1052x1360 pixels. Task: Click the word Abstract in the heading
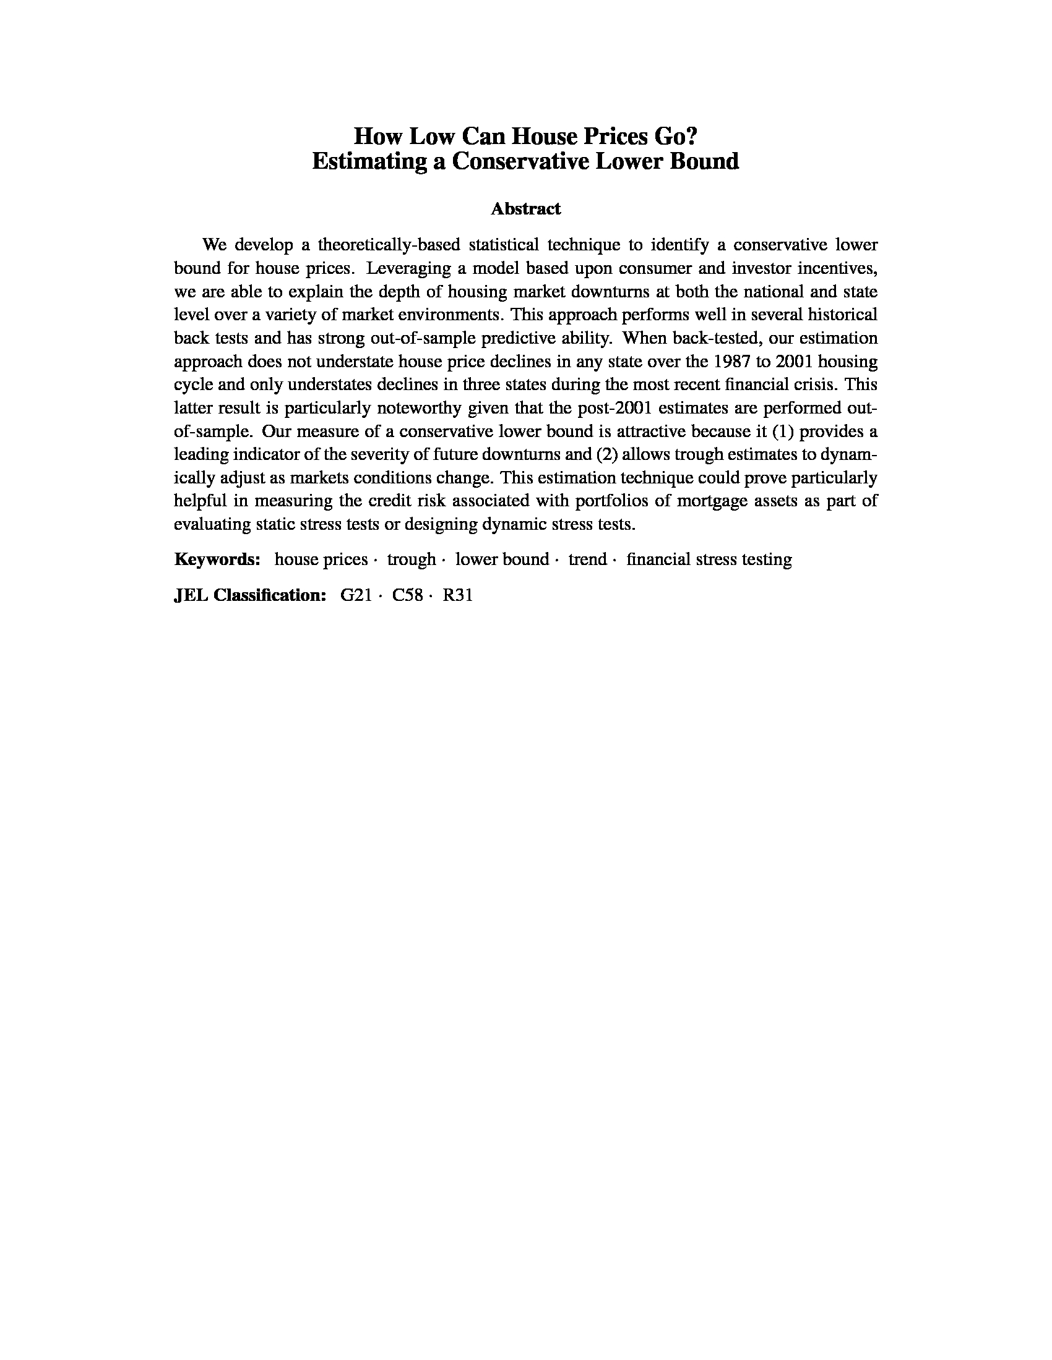(x=525, y=208)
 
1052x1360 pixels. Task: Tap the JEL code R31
(x=457, y=595)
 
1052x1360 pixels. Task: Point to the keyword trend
(x=587, y=559)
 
